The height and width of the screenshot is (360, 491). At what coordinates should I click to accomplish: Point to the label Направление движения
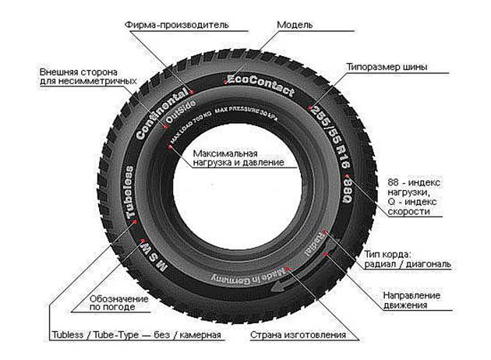point(412,300)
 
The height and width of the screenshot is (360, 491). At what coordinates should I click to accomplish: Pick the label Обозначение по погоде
point(115,303)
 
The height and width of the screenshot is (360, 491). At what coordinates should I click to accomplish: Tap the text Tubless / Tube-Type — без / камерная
point(136,336)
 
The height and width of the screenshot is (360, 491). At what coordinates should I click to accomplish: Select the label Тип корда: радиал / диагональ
point(408,259)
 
